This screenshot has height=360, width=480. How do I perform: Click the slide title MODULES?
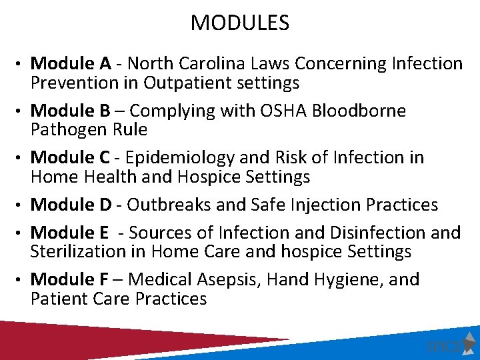coord(240,23)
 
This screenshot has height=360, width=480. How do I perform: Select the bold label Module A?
coord(71,64)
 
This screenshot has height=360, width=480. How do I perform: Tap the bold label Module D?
coord(71,204)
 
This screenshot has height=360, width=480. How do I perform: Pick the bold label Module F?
coord(70,279)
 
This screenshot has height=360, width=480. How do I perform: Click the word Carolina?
coord(257,64)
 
